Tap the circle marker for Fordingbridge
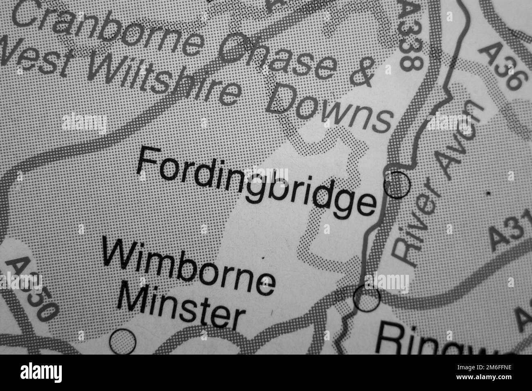tap(397, 185)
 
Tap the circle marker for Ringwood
tap(367, 299)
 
